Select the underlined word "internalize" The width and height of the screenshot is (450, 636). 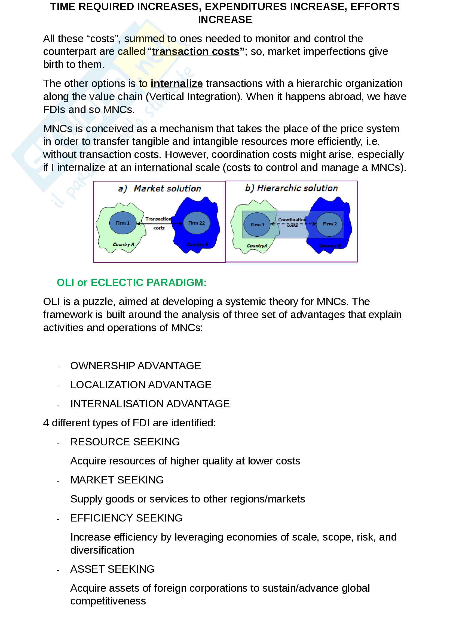(177, 84)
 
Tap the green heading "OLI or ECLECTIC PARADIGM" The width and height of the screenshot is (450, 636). (131, 283)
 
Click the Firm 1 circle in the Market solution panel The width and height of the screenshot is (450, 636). (123, 223)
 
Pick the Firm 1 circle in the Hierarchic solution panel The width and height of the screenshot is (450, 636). (257, 224)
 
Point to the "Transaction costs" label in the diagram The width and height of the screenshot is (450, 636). (159, 223)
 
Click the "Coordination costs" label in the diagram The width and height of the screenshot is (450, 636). (292, 222)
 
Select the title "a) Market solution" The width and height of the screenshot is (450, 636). (160, 189)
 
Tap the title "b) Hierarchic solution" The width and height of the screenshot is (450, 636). (291, 188)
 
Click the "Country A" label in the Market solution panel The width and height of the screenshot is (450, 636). (123, 244)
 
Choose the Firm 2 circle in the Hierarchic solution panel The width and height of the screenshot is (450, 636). (329, 224)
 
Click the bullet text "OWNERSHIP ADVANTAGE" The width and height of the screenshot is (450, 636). (136, 366)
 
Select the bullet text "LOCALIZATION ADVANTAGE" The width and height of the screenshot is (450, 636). (141, 385)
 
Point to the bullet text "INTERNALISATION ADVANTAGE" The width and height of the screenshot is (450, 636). (150, 404)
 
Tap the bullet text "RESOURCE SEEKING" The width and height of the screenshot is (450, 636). (125, 442)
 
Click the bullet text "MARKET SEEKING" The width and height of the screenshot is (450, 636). (117, 480)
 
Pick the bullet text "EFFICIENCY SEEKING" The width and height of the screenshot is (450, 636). (126, 518)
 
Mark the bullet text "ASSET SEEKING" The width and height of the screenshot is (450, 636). (112, 569)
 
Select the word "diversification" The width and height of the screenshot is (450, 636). (102, 550)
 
